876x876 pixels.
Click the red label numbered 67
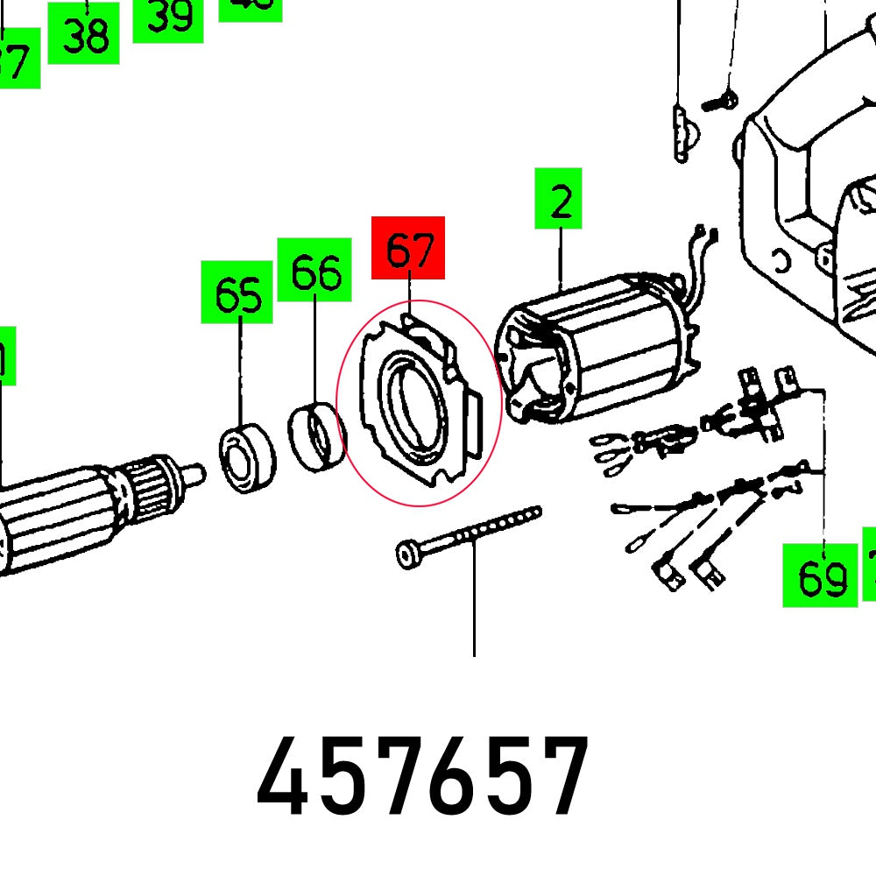click(408, 248)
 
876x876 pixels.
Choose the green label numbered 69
click(820, 576)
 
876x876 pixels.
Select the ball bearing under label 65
click(246, 457)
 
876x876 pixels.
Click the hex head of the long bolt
click(408, 553)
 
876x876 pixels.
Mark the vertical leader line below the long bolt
click(474, 604)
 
